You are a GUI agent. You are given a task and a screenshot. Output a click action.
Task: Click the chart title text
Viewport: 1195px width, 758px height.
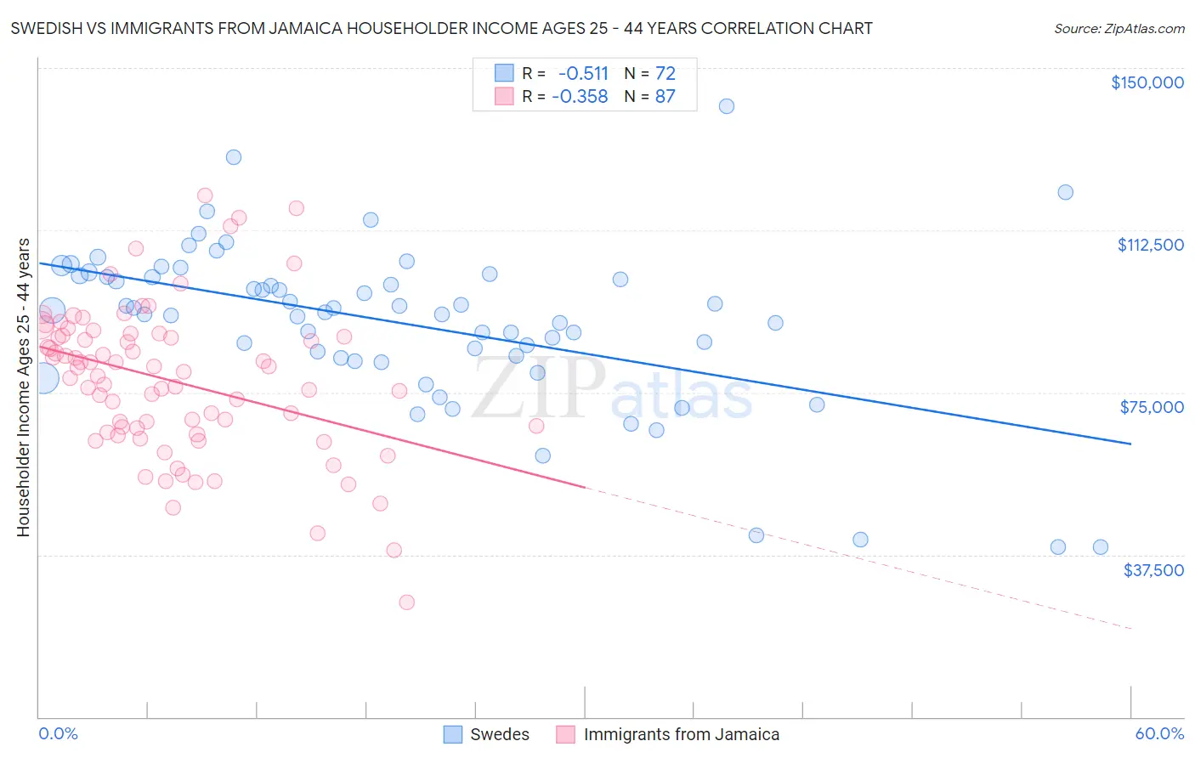[x=441, y=28]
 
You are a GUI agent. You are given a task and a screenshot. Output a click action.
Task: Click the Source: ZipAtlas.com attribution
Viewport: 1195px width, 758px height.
[x=1119, y=28]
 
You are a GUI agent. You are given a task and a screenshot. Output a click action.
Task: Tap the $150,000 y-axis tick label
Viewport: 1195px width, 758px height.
[x=1147, y=82]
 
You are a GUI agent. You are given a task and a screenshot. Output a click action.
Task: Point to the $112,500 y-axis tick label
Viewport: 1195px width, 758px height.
[x=1150, y=245]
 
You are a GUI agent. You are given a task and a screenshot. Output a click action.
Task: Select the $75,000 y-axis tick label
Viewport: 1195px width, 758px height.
[x=1152, y=407]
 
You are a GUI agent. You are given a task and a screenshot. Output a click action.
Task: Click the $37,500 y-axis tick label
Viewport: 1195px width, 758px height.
[x=1153, y=570]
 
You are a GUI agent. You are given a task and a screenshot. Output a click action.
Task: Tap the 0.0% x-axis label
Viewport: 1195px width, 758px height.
[x=58, y=733]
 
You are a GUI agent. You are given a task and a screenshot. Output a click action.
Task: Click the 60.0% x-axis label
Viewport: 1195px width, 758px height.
[x=1159, y=733]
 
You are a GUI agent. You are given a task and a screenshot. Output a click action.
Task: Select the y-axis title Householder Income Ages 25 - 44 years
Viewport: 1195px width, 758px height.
[x=23, y=387]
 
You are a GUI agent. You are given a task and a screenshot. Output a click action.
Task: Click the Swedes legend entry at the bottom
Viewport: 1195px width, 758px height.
[x=487, y=734]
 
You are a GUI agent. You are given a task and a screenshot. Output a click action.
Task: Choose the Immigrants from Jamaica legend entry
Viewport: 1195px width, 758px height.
[x=668, y=734]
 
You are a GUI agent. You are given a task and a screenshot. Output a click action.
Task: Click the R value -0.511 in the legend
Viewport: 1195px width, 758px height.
[x=583, y=73]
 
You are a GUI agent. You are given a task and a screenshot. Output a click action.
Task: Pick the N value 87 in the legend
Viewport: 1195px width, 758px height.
[x=665, y=97]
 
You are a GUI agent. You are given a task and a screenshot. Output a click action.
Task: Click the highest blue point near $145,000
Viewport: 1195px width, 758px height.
[x=727, y=106]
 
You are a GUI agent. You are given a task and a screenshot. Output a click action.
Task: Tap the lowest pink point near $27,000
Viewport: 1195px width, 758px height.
[x=407, y=602]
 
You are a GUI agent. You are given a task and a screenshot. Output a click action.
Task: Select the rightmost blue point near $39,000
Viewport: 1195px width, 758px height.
[x=1101, y=547]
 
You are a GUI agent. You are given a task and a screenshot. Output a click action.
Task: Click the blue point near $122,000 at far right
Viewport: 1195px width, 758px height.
[x=1066, y=192]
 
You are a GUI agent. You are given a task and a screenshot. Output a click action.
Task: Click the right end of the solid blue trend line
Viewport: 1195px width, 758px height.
[x=1130, y=444]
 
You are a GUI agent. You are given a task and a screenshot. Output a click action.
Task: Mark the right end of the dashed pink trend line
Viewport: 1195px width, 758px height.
[x=1131, y=629]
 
